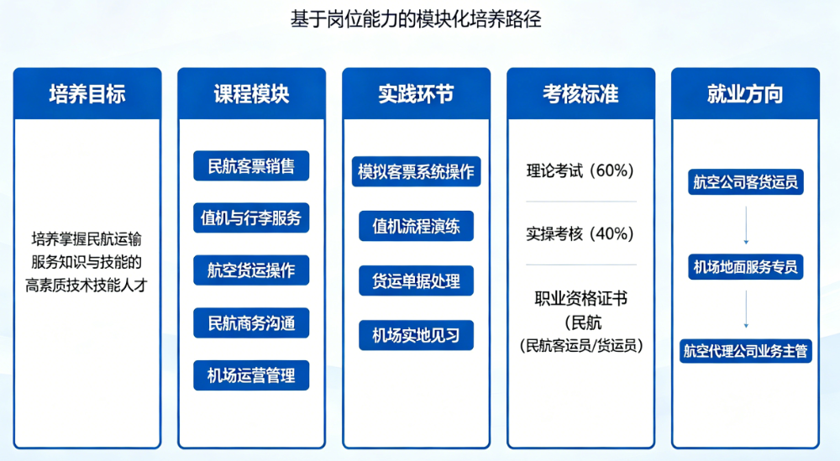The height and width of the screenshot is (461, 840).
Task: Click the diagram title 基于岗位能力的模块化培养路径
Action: [416, 20]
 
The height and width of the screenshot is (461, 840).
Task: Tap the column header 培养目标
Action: [87, 94]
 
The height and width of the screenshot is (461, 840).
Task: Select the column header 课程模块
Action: [252, 94]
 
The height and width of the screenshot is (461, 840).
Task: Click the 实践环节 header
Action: [417, 94]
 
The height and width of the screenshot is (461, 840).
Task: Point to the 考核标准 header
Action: [580, 94]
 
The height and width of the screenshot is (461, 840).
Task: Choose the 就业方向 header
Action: [745, 94]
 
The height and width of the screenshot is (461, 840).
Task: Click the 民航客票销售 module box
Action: [251, 166]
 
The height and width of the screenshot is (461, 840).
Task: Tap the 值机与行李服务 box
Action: [251, 218]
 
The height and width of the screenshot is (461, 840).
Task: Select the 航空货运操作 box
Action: [251, 270]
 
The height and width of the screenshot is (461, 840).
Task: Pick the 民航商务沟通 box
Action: [251, 322]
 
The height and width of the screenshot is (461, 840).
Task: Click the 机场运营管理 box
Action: [251, 375]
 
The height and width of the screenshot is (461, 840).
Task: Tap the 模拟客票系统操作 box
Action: [417, 172]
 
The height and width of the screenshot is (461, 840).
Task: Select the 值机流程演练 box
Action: [417, 226]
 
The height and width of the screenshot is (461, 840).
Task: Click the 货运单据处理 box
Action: [417, 280]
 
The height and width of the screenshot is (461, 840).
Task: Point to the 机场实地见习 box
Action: [417, 335]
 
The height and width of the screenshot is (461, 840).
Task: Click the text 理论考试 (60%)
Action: [580, 170]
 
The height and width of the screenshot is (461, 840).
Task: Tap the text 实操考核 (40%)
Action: [580, 233]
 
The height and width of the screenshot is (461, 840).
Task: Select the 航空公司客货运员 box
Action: [746, 182]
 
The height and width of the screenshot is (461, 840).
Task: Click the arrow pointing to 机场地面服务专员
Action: [746, 225]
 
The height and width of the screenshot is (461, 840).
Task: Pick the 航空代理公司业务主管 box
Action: [746, 351]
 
